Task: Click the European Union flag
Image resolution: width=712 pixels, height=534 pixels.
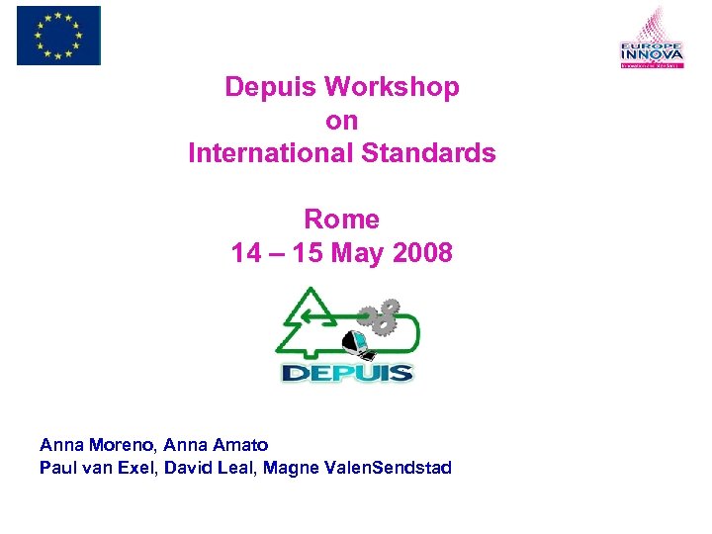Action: pos(58,35)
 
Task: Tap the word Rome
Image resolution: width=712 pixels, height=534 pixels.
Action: pos(341,219)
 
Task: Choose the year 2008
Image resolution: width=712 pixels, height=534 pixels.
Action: pos(422,253)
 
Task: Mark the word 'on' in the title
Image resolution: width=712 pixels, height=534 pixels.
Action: pos(342,121)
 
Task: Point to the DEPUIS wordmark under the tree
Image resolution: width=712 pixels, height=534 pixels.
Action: pos(346,373)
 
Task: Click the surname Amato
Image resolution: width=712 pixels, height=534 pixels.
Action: pos(240,445)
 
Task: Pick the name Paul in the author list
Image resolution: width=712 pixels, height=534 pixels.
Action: pos(56,468)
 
